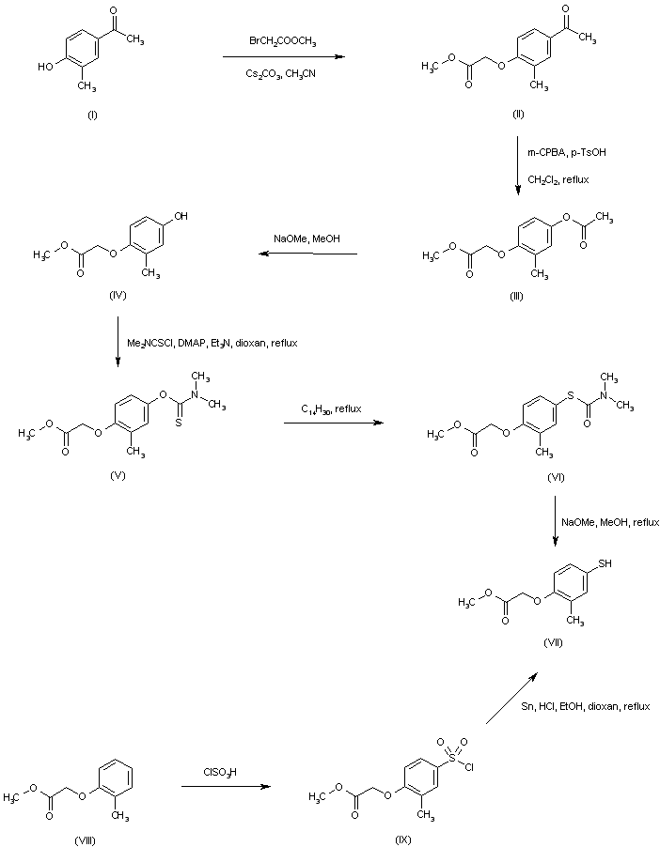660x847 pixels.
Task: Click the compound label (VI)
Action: click(x=556, y=478)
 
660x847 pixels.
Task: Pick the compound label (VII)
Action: click(x=552, y=640)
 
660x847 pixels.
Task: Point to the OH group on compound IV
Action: click(x=181, y=216)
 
